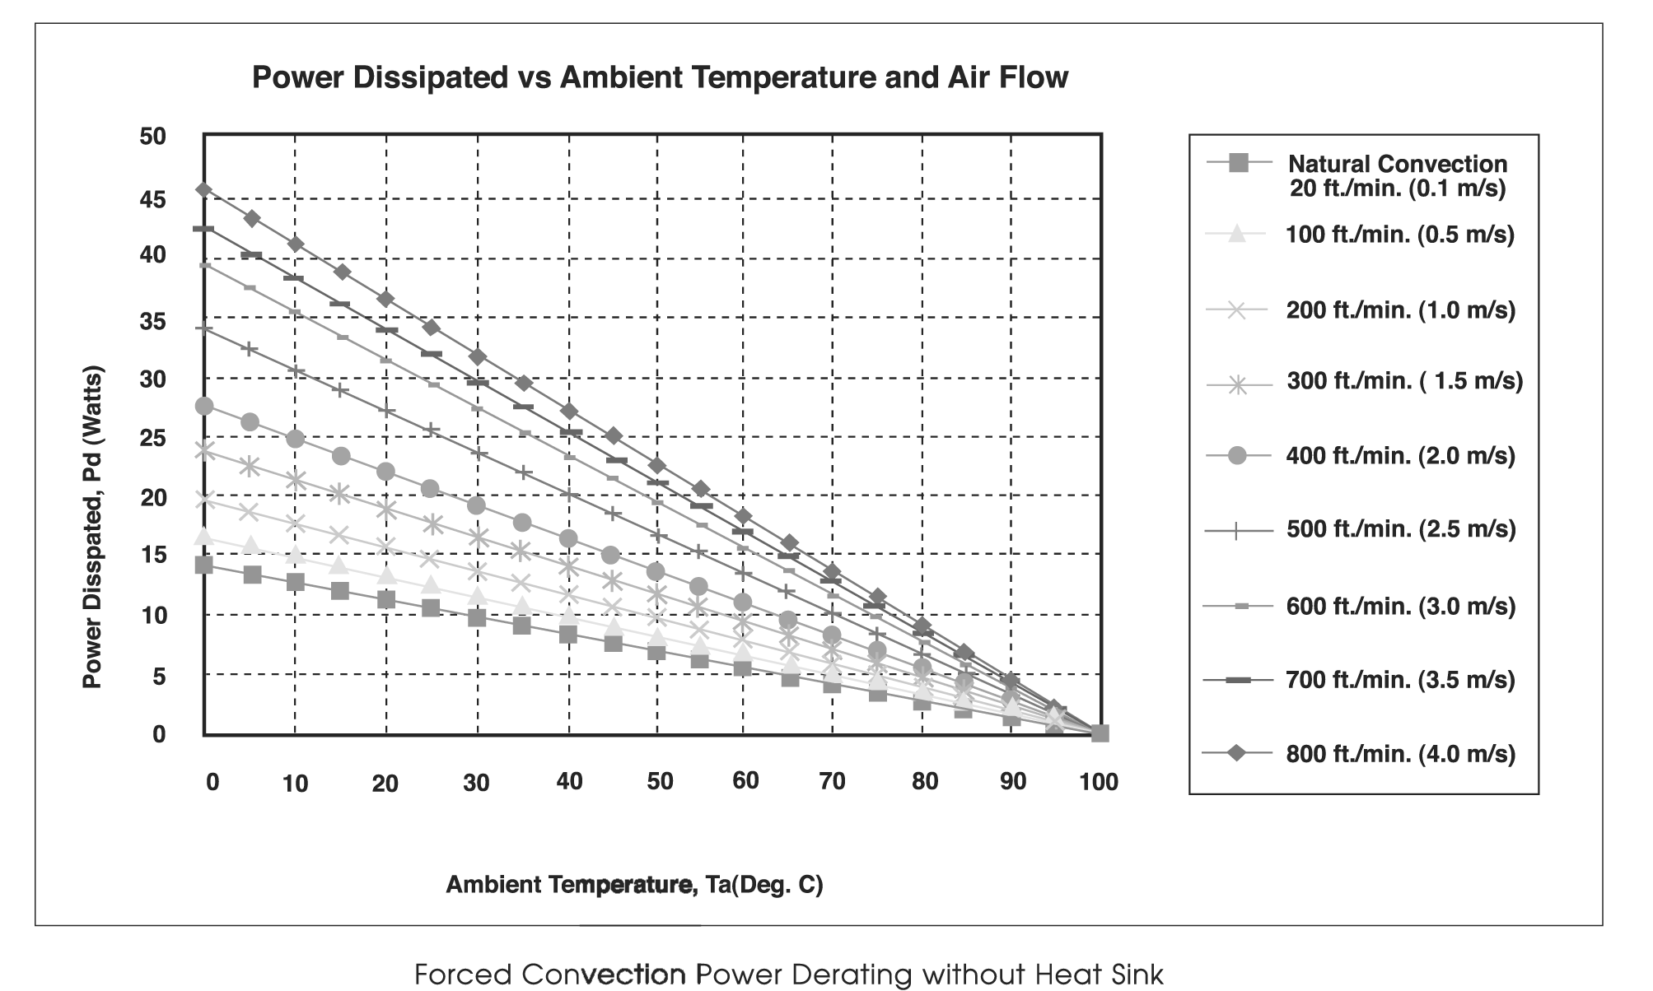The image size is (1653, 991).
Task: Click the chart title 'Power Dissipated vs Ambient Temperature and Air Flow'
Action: [660, 77]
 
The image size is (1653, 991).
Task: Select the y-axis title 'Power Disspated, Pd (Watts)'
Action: [93, 527]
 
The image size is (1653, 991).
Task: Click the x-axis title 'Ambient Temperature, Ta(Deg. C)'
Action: [634, 884]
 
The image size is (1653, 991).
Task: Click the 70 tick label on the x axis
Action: [832, 781]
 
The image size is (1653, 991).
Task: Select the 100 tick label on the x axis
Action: [1099, 781]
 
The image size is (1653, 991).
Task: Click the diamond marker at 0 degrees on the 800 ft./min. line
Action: [204, 189]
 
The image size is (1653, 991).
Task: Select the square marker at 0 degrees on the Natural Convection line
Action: [204, 565]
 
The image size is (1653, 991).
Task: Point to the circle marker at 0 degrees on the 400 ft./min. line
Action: [204, 406]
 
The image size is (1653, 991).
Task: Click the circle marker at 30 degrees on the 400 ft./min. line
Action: [476, 505]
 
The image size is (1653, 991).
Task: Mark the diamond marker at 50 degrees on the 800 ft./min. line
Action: [656, 465]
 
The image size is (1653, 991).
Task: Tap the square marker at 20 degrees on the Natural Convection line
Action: [385, 599]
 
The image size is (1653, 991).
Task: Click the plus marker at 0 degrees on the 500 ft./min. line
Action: [204, 328]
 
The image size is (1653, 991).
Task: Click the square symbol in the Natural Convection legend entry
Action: [1238, 163]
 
